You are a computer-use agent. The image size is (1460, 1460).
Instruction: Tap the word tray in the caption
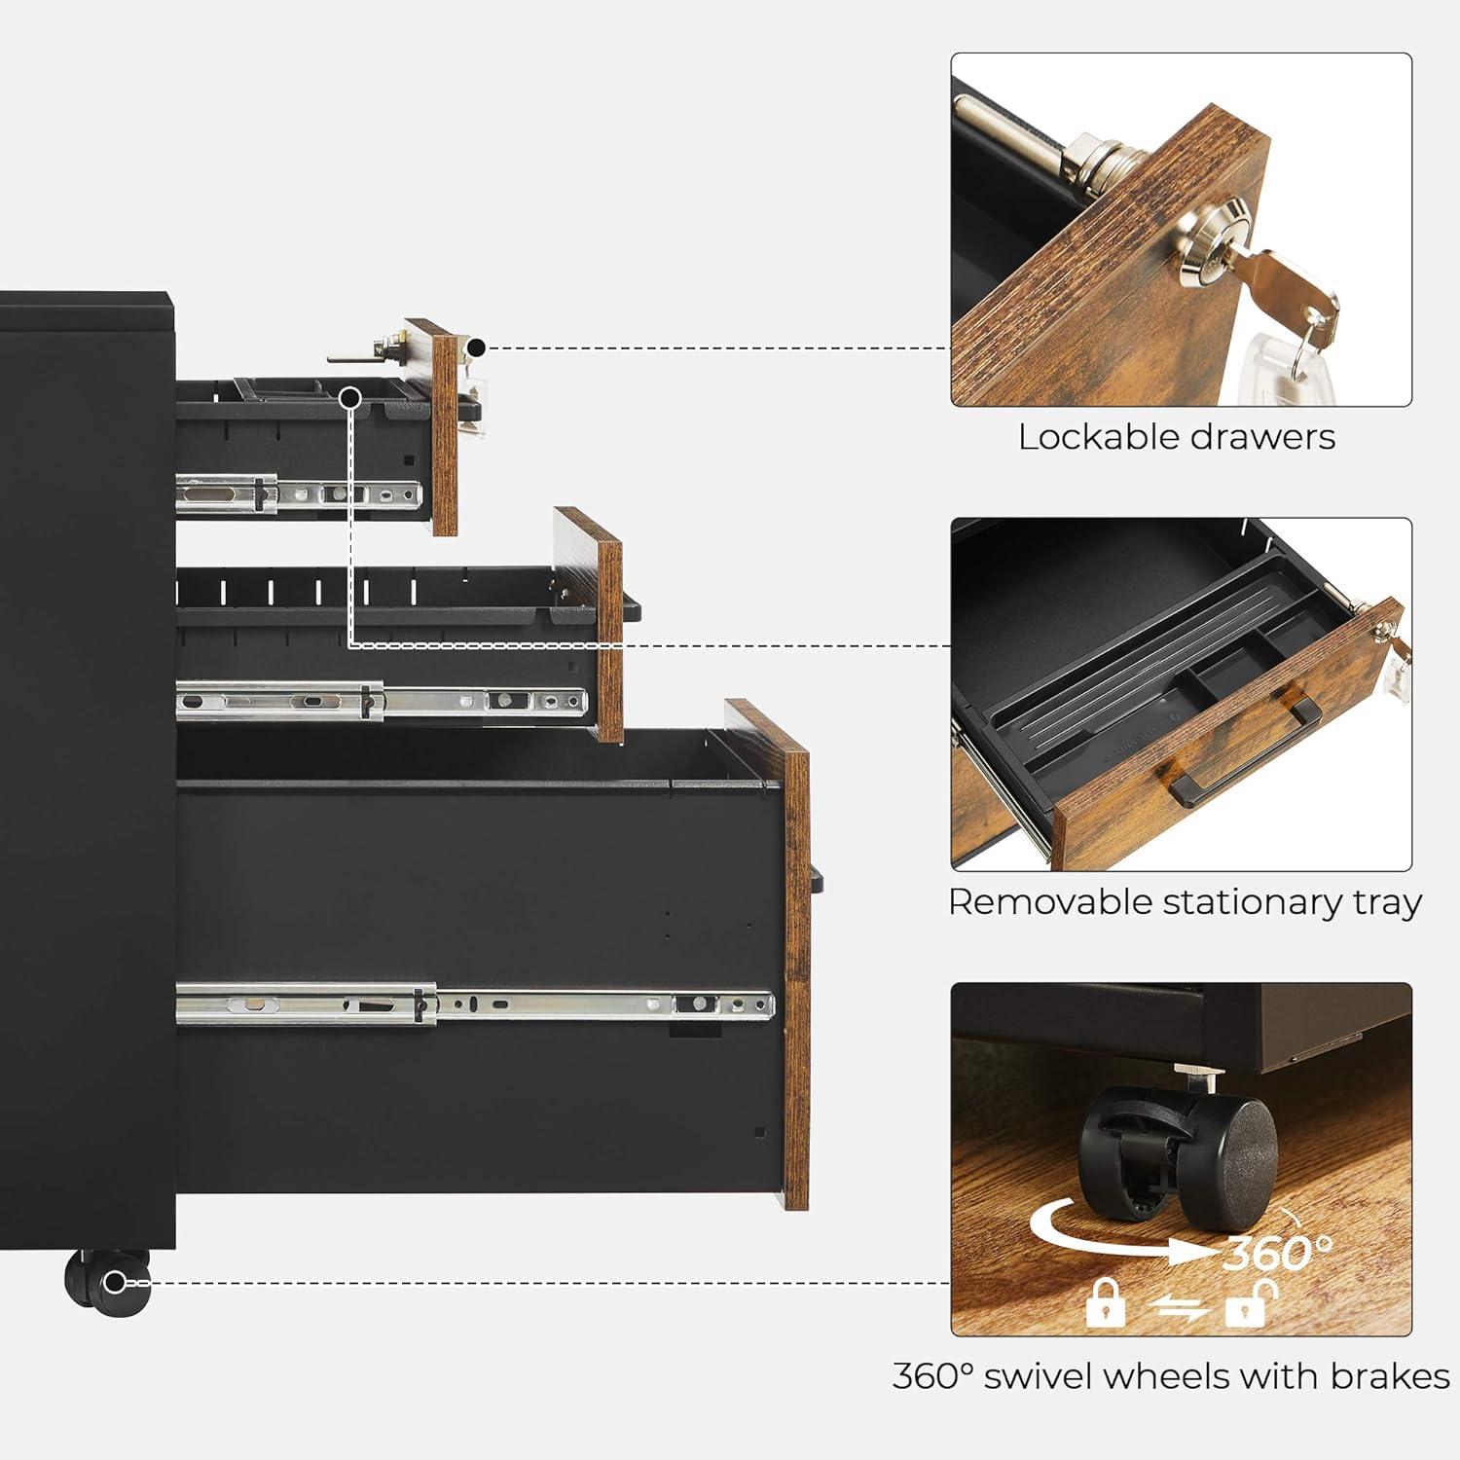click(1387, 902)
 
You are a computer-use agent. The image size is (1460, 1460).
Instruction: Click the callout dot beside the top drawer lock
click(476, 347)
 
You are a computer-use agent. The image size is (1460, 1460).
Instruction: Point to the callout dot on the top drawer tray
click(351, 397)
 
